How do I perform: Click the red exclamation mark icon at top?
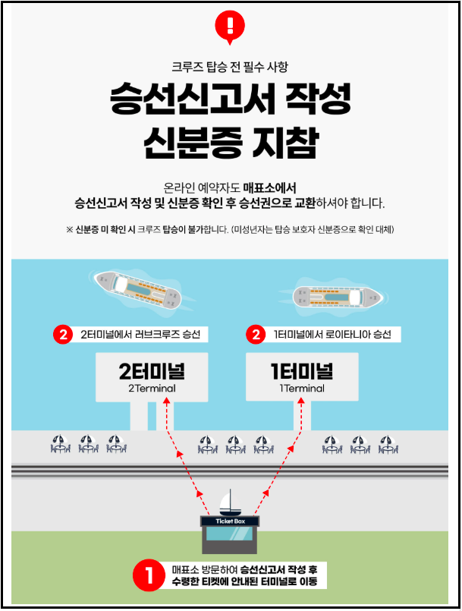tap(230, 24)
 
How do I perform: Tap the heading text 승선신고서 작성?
tap(230, 100)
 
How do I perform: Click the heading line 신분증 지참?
tap(230, 143)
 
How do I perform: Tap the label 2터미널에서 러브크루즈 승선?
tap(143, 334)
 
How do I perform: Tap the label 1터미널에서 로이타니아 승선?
tap(332, 334)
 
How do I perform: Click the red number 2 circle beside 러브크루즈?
tap(63, 334)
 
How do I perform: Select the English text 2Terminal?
tap(152, 389)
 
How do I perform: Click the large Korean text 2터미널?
tap(152, 372)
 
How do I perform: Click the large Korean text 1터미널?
tap(301, 372)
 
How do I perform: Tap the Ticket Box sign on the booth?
tap(231, 521)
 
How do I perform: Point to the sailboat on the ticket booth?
tap(226, 502)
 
